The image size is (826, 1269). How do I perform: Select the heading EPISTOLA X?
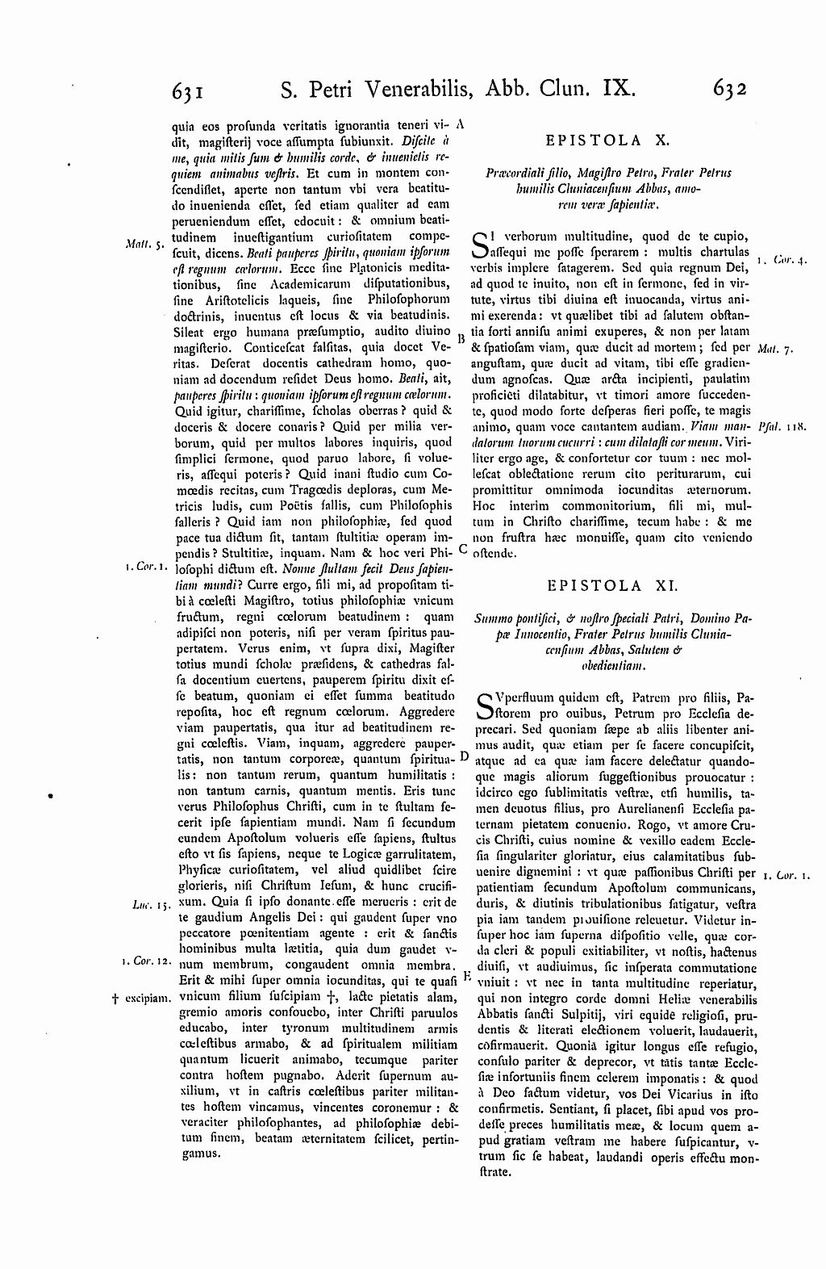607,140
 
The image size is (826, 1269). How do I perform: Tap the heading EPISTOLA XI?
607,584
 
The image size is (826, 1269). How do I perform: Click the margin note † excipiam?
140,998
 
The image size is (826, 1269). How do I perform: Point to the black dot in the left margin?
52,795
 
